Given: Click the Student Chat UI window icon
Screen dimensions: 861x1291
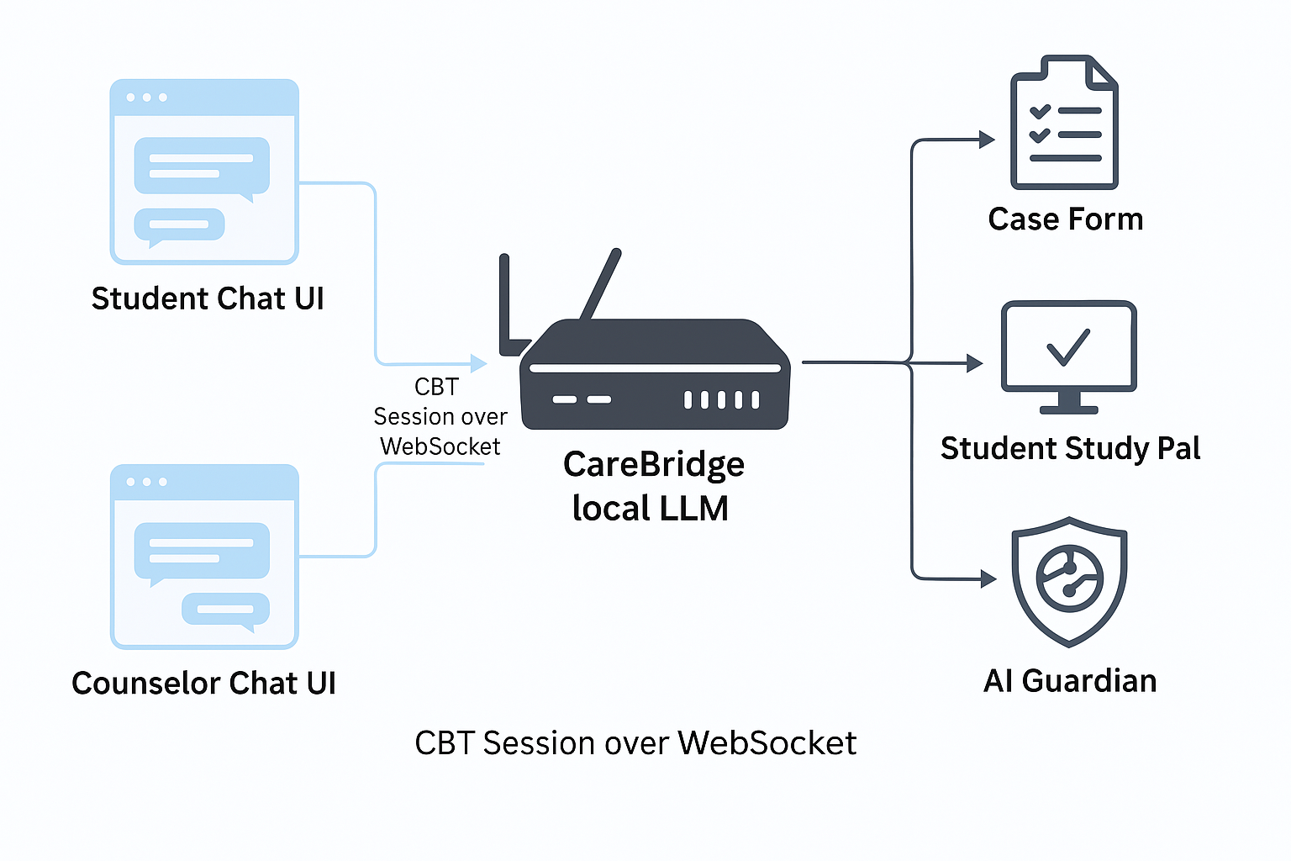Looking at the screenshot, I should click(204, 172).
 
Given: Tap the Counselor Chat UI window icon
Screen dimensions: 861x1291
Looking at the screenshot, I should click(204, 557).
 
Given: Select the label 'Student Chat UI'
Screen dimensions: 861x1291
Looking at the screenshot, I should click(208, 299).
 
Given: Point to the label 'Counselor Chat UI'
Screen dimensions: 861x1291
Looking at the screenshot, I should click(203, 684).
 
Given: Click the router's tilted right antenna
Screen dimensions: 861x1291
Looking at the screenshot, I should click(602, 284).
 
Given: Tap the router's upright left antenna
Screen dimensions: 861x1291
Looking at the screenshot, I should click(505, 303).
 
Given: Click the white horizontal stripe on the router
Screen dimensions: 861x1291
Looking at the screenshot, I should click(654, 368).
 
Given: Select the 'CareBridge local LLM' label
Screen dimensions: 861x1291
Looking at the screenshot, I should click(652, 486).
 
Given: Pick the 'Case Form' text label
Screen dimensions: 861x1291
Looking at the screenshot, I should click(1065, 219).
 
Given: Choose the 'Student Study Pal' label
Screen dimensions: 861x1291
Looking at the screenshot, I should click(1070, 449).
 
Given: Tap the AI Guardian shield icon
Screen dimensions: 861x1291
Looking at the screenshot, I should click(1069, 581).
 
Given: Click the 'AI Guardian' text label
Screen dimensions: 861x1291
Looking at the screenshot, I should click(1070, 681).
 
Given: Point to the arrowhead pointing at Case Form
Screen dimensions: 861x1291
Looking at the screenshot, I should click(987, 140).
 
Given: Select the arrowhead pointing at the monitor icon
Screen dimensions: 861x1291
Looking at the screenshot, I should click(975, 363).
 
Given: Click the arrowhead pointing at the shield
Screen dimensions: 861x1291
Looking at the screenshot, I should click(988, 578).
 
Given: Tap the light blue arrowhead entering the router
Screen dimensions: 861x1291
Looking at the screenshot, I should click(479, 363).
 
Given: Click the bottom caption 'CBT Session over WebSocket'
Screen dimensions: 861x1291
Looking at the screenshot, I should click(635, 743).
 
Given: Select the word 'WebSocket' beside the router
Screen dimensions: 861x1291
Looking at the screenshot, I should click(440, 446).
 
